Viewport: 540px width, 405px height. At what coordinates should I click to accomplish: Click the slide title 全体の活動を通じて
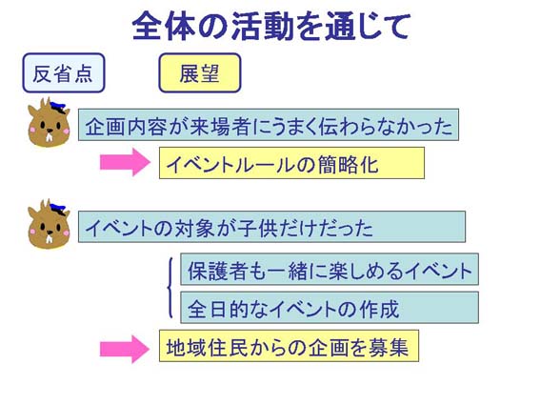pos(271,26)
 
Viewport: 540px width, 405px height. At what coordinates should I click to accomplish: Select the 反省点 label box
pos(64,72)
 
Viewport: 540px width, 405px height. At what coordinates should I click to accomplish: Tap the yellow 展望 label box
pos(200,72)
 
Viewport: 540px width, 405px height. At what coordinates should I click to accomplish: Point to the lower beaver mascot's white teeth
pos(50,238)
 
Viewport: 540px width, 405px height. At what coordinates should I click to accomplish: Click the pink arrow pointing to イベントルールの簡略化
pos(125,162)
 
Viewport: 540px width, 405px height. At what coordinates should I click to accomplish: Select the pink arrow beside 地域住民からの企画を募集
pos(125,349)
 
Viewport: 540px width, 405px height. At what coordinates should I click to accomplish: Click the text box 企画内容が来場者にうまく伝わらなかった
pos(269,125)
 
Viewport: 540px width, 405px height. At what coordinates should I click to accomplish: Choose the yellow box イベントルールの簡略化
pos(291,163)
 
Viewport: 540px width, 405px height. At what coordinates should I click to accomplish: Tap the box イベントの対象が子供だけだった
pos(271,227)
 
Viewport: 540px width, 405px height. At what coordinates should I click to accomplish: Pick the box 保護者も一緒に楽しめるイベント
pos(330,269)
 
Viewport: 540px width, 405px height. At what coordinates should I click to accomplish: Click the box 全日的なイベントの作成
pos(330,308)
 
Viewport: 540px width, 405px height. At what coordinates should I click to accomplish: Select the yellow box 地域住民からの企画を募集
pos(289,346)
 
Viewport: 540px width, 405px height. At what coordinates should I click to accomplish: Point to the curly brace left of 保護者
pos(170,287)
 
